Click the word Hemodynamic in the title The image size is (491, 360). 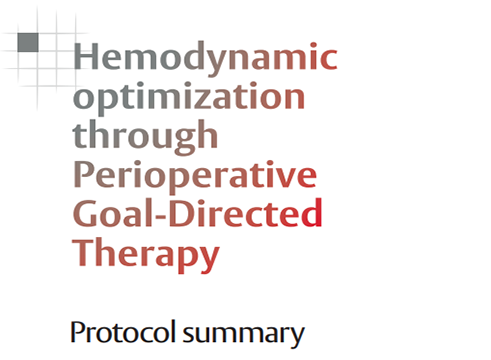pos(205,57)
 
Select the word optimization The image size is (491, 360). pos(189,97)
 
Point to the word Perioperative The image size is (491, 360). pos(195,176)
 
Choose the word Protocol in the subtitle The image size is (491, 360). pos(123,332)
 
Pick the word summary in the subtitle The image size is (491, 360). pos(244,334)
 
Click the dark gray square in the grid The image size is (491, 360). pos(28,42)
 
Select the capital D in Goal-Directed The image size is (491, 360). pos(182,213)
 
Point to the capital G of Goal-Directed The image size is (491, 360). pos(85,213)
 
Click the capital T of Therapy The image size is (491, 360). pos(84,252)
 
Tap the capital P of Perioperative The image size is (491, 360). pos(83,174)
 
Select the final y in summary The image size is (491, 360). pos(296,337)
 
